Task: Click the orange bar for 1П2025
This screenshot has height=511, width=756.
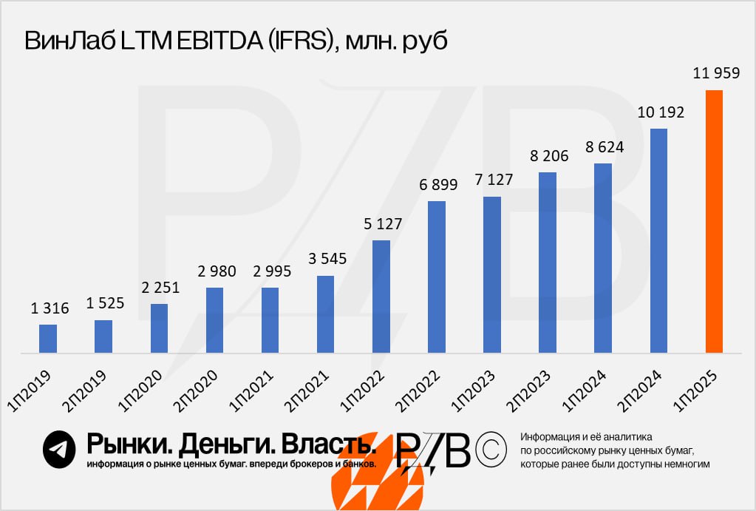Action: pos(714,221)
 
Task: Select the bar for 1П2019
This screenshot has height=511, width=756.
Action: pos(48,338)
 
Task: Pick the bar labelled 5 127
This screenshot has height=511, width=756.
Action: pos(381,296)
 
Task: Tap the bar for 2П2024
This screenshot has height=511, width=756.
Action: pos(658,240)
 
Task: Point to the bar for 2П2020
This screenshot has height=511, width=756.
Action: pos(214,319)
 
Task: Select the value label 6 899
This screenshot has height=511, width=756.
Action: pos(437,184)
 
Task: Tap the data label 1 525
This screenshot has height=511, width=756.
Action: pos(105,303)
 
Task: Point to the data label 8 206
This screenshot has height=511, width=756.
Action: pos(548,155)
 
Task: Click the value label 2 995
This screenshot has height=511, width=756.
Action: pos(271,271)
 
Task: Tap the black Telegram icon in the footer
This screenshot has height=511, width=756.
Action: pos(60,449)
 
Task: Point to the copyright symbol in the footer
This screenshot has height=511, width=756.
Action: pos(491,449)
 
